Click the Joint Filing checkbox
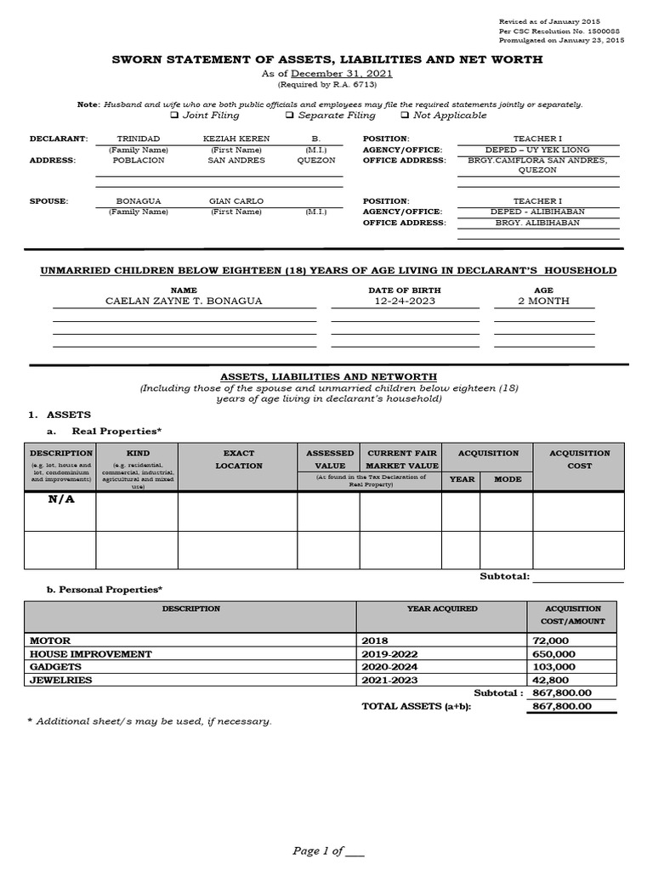coord(175,116)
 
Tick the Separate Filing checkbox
coord(290,116)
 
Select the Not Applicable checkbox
coord(405,116)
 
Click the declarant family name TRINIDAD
coord(138,138)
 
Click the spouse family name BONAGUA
coord(138,201)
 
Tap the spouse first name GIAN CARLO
coord(236,201)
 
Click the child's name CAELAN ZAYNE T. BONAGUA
coord(184,301)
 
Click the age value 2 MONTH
coord(543,301)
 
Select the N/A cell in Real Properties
coord(61,500)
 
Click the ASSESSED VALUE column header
coord(329,460)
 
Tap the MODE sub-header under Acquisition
coord(506,479)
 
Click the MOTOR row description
coord(51,641)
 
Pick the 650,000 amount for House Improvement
coord(554,654)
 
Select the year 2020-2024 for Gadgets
coord(390,667)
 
